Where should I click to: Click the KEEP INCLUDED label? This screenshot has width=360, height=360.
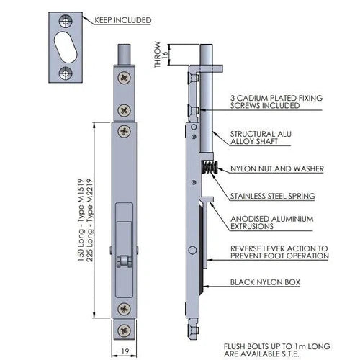123,20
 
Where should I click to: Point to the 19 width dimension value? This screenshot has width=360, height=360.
125,352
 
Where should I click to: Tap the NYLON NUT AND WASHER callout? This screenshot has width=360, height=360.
276,169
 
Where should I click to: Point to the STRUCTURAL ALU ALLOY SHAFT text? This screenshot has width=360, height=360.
258,139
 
